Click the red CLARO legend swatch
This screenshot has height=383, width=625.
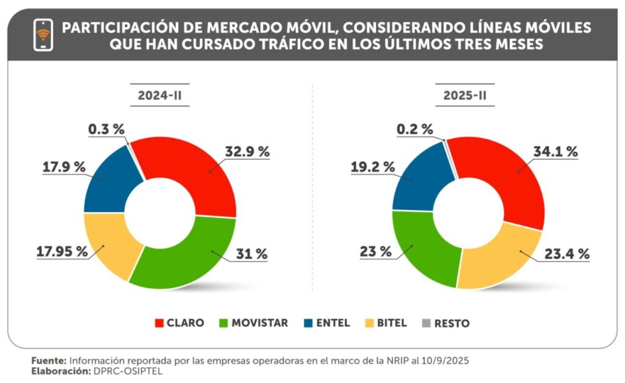click(160, 323)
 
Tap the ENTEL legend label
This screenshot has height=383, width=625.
click(333, 323)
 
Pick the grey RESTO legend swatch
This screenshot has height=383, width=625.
click(425, 323)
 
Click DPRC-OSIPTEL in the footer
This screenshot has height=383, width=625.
click(127, 371)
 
